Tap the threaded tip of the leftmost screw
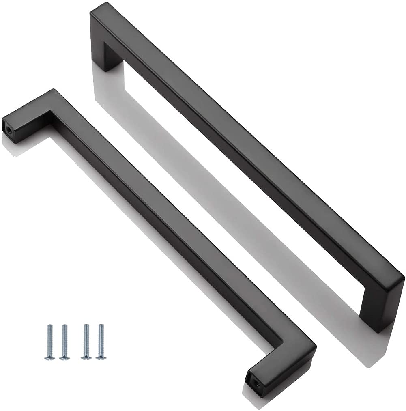coord(49,326)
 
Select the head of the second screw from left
coord(64,358)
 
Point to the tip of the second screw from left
coord(64,326)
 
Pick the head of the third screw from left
coord(86,358)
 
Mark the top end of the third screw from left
coord(86,326)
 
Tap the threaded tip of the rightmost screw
coord(100,326)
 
